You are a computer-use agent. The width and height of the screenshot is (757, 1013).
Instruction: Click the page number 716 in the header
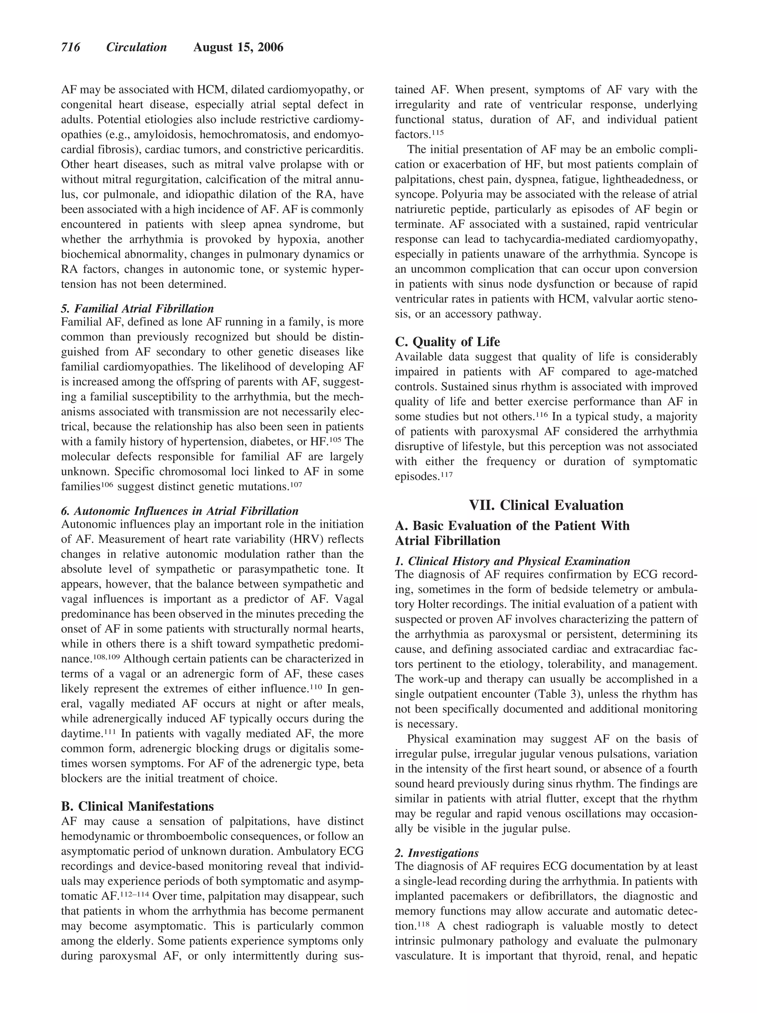71,48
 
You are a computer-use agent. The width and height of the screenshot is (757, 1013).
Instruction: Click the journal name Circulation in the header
136,48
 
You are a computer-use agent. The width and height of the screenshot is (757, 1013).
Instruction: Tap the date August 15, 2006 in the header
238,48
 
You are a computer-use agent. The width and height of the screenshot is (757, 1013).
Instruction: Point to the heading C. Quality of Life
447,342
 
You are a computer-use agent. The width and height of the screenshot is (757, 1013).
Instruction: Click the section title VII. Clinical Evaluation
546,505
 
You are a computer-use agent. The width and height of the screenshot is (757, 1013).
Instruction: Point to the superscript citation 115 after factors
437,132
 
